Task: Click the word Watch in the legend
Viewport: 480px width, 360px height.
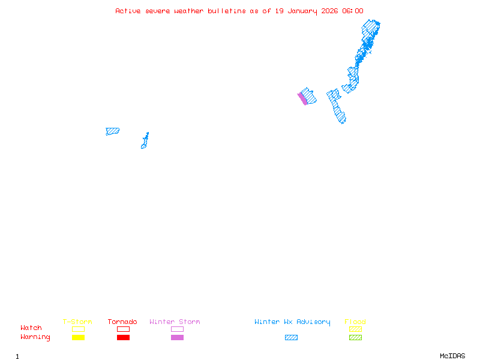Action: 31,328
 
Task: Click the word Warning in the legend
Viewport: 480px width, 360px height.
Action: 35,337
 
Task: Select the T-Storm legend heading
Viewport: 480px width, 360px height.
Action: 77,322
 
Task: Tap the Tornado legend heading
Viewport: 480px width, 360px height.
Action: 122,322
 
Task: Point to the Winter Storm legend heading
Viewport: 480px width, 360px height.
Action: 175,322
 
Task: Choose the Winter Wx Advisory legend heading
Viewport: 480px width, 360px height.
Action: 292,322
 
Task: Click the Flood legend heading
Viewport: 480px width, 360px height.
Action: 355,322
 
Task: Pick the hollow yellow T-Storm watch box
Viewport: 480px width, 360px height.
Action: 78,329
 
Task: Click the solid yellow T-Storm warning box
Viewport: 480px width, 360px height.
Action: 78,338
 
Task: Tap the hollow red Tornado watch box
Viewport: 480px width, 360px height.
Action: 123,329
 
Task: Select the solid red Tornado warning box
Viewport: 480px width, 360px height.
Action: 123,338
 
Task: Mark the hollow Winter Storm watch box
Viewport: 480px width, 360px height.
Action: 177,329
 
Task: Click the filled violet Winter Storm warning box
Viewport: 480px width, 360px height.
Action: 177,338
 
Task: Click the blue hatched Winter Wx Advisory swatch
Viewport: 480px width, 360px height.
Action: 291,338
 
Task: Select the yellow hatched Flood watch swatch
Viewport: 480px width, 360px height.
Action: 355,329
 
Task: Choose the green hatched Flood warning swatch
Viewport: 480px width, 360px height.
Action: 355,338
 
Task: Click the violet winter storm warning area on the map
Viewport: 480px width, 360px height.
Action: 302,98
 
